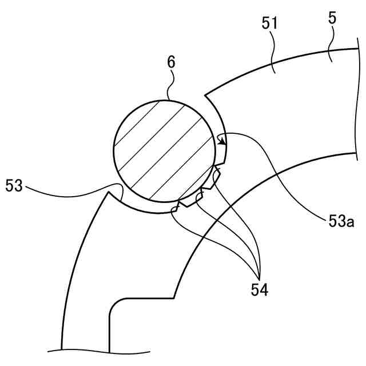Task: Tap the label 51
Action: click(270, 23)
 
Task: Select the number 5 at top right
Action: click(332, 18)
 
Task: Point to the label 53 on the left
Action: click(15, 185)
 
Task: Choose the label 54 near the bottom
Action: click(259, 289)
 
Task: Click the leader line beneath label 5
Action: click(331, 43)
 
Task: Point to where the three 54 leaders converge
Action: click(259, 273)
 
